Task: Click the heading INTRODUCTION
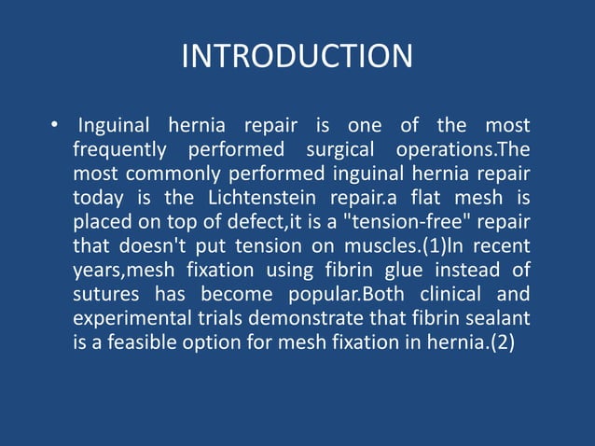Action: click(297, 56)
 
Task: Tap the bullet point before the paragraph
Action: click(56, 125)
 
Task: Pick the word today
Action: click(97, 198)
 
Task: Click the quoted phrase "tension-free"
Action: click(418, 222)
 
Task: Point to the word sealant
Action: click(498, 319)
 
